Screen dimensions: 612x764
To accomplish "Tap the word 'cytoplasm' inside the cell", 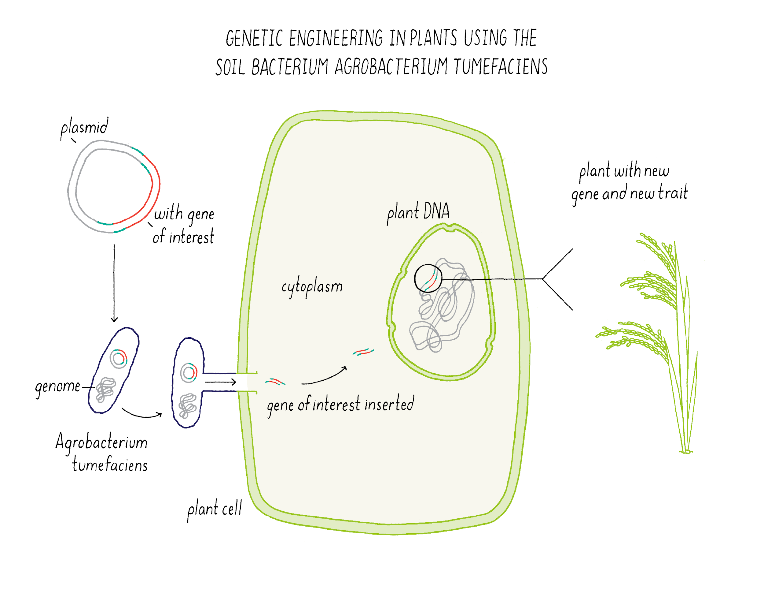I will click(312, 286).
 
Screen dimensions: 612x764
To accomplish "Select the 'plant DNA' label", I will click(418, 212).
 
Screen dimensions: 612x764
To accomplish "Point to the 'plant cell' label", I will click(215, 509).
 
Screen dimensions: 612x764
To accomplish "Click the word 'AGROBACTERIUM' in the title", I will click(391, 67).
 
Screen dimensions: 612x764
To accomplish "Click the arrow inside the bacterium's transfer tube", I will click(220, 382).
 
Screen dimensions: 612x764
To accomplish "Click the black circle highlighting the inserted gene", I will click(428, 278).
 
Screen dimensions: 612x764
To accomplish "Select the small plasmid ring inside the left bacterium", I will click(119, 359).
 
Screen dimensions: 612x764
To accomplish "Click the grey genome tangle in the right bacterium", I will click(187, 405).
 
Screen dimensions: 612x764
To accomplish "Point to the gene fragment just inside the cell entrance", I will click(275, 382).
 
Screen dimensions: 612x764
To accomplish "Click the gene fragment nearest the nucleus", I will click(363, 352).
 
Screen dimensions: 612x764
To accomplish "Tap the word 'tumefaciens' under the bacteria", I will click(110, 465).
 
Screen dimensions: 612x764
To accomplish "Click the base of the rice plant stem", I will click(686, 451).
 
